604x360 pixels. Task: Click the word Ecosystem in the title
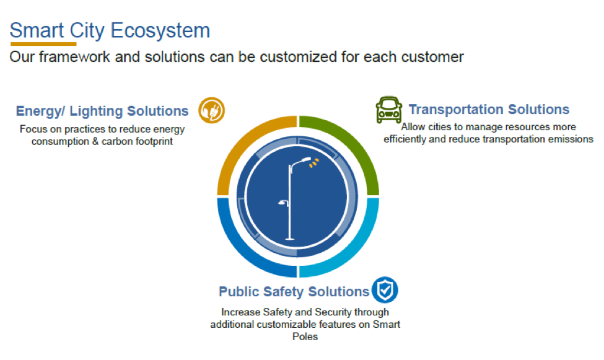coord(160,30)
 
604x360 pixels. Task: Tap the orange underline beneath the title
coord(43,44)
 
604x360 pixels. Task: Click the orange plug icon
coord(211,110)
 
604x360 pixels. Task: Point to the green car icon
coord(389,110)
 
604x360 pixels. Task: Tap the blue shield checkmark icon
coord(385,290)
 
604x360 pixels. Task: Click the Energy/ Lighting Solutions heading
coord(102,111)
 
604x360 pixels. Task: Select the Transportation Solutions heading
coord(489,110)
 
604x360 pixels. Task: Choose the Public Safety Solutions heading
coord(294,292)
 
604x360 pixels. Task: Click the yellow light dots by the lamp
coord(314,164)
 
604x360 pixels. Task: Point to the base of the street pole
coord(290,239)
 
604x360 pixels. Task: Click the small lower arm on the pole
coord(284,203)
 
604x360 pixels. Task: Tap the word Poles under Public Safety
coord(305,336)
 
